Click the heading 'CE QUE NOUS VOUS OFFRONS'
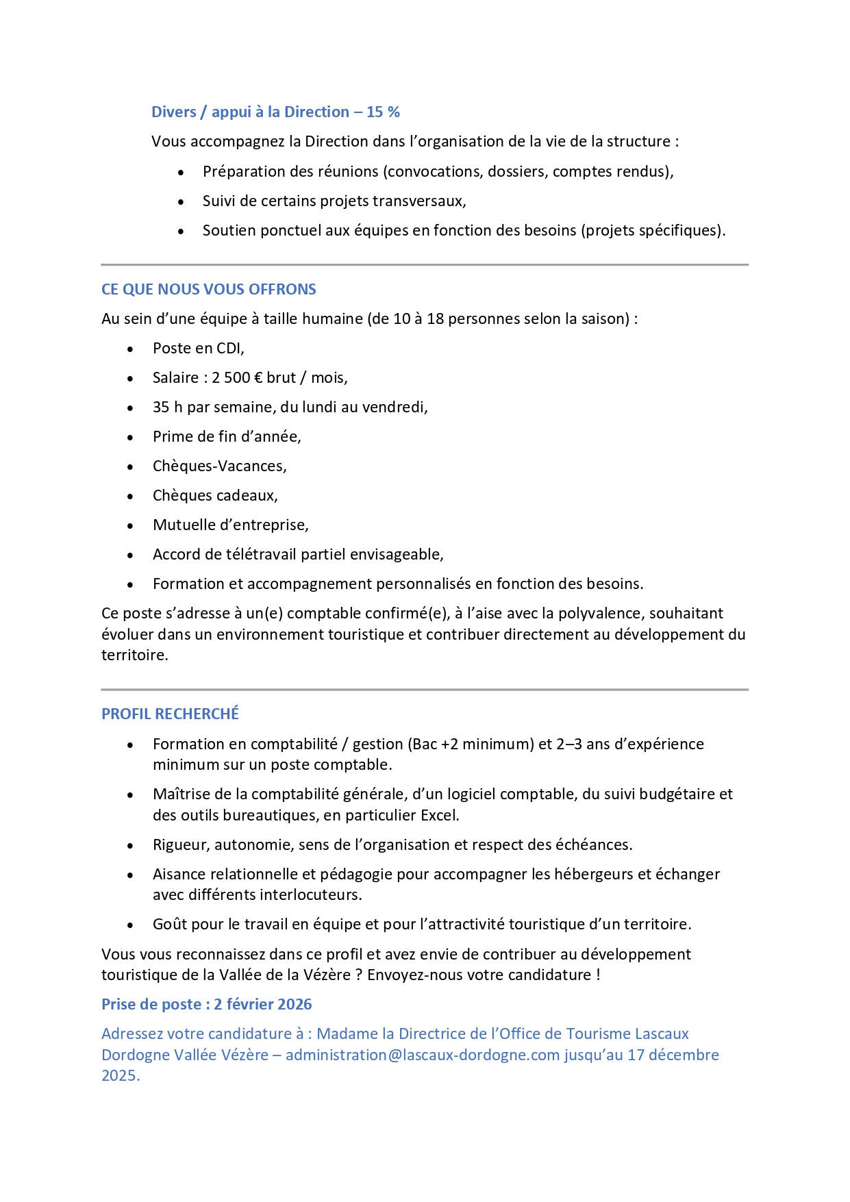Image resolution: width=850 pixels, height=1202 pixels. coord(208,289)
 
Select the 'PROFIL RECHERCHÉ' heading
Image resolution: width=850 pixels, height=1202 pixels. coord(170,714)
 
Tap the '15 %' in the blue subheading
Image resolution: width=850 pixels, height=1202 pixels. coord(383,112)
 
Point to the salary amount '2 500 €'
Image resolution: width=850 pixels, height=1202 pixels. coord(237,377)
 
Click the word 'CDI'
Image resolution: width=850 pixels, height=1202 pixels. coord(229,348)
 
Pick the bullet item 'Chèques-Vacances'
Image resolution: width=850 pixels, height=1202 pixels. coord(219,466)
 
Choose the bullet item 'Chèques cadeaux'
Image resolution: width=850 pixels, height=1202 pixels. coord(214,495)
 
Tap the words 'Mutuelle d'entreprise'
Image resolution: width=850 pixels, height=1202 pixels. coord(230,525)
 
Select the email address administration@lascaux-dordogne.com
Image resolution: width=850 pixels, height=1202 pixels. coord(423,1055)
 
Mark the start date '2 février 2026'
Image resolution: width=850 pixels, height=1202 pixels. coord(262,1004)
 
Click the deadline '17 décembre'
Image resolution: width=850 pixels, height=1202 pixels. coord(673,1055)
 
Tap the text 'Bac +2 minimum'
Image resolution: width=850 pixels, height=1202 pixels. coord(470,744)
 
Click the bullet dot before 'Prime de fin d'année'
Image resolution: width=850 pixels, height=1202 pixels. coord(130,437)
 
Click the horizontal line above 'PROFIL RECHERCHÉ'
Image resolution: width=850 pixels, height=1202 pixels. coord(425,690)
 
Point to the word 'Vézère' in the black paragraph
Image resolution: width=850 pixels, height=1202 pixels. coord(326,975)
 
